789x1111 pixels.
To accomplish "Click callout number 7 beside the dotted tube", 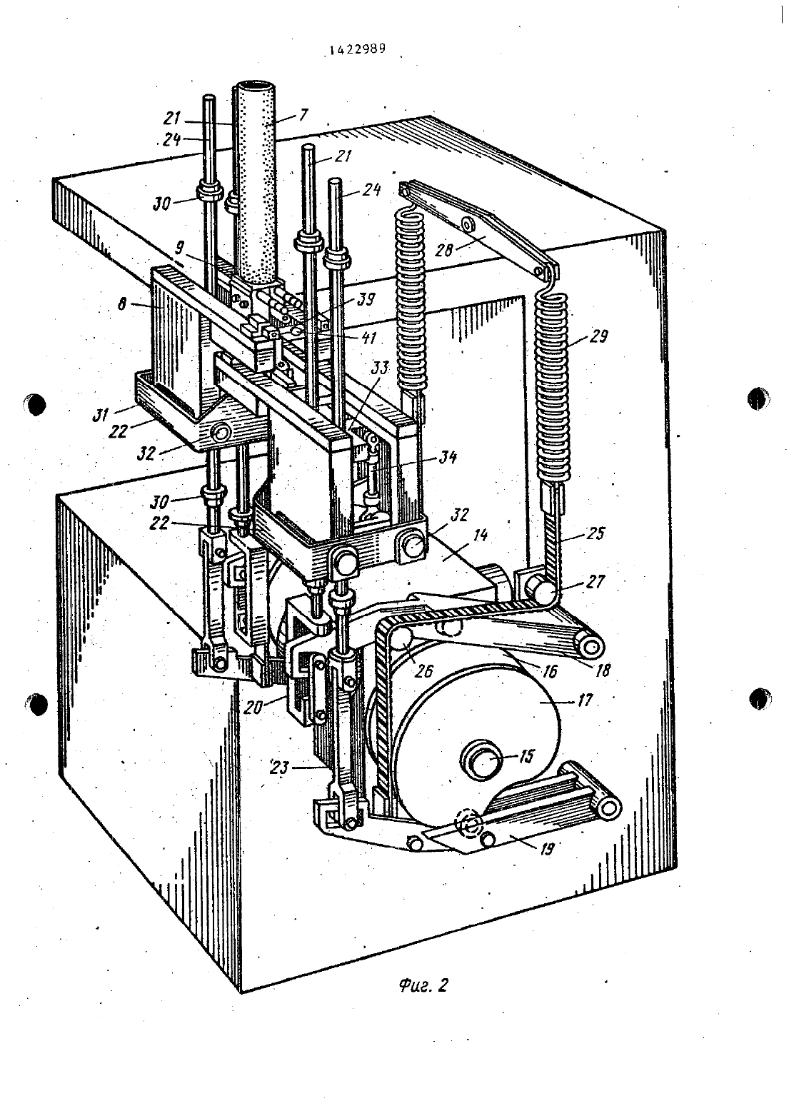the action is (303, 115).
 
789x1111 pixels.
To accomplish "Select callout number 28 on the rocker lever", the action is (444, 250).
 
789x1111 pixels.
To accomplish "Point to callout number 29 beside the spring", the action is (598, 336).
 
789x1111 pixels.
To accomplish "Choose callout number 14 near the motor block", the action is (480, 536).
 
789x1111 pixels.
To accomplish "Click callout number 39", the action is (366, 300).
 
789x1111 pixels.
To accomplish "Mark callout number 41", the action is (368, 338).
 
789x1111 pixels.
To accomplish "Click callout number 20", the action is (253, 708).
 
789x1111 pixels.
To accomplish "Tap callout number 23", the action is (279, 768).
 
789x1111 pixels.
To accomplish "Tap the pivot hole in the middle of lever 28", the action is (468, 224).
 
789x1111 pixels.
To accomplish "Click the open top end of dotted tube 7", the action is (256, 87).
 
